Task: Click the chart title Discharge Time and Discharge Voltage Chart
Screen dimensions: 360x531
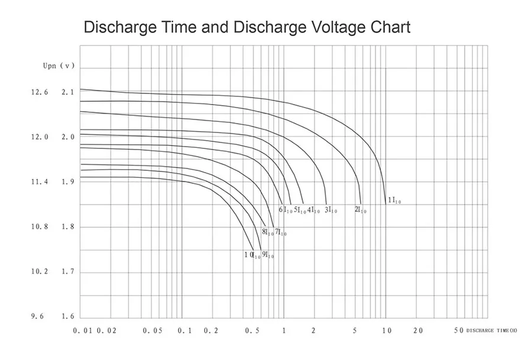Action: tap(247, 27)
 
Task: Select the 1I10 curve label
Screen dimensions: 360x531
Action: tap(394, 201)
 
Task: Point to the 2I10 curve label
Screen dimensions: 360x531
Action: tap(360, 210)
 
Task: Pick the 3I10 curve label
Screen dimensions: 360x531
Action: tap(331, 210)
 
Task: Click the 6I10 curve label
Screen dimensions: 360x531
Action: tap(286, 210)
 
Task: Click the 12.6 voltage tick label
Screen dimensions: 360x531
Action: tap(40, 92)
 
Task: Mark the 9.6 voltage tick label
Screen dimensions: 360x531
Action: tap(37, 317)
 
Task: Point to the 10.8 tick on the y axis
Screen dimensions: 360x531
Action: tap(40, 227)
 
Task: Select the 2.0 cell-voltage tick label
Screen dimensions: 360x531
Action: tap(68, 137)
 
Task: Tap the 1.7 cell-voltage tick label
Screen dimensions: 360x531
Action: tap(68, 272)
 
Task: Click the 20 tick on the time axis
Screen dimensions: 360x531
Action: tap(418, 331)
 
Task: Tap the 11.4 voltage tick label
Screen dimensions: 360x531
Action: tap(40, 182)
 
